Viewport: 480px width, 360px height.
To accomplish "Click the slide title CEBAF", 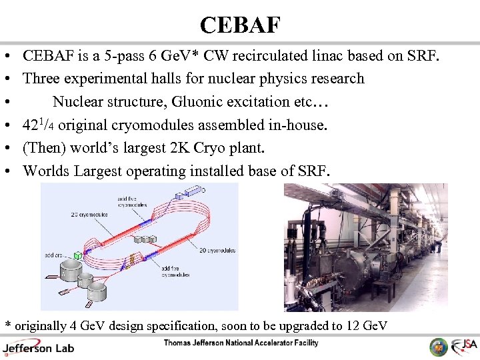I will coord(240,25).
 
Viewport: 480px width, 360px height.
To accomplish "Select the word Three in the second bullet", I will coord(41,79).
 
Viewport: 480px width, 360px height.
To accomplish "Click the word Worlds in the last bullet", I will coord(46,171).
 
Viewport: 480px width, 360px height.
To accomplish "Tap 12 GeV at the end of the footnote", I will coord(365,325).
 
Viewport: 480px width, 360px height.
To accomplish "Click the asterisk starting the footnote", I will coord(8,325).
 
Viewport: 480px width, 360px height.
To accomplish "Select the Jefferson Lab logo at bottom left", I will coord(38,347).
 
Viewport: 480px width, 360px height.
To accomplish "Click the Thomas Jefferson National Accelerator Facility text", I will coord(241,343).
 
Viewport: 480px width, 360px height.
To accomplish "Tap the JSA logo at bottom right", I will coord(465,347).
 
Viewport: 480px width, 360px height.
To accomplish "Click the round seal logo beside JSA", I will coord(439,347).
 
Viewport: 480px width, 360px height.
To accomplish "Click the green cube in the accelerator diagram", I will coord(78,255).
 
